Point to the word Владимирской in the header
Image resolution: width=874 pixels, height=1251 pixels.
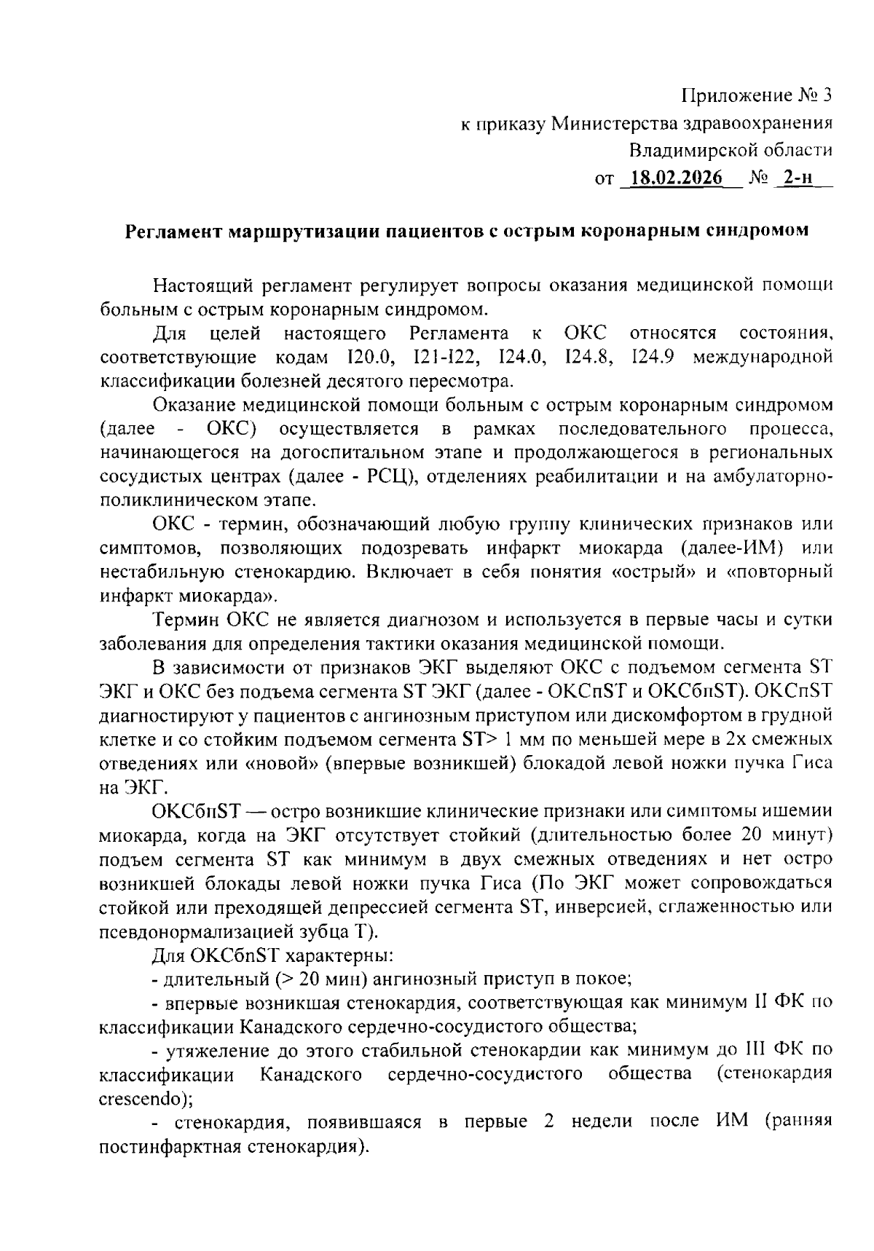point(731,151)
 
